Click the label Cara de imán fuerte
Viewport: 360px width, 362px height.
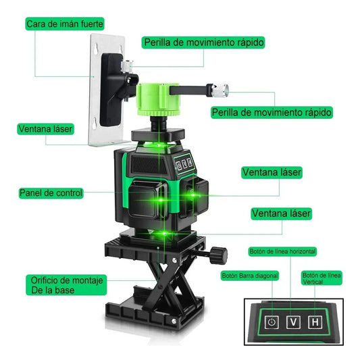65,24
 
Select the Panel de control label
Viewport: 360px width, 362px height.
51,193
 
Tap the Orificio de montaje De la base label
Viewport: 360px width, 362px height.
66,285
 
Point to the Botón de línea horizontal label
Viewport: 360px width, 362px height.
282,251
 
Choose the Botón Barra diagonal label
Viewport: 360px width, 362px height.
250,276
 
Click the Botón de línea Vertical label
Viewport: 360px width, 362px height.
322,278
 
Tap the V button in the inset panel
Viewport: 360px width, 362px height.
293,322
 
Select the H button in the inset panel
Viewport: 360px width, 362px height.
315,322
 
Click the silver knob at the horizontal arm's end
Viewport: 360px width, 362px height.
220,90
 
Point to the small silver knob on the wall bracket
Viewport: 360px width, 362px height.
127,65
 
